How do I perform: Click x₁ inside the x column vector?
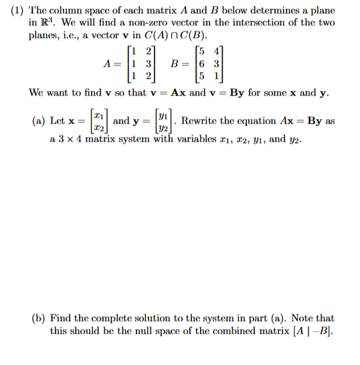pos(98,116)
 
